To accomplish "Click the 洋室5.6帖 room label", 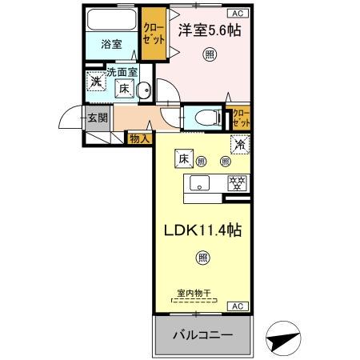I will pyautogui.click(x=208, y=30).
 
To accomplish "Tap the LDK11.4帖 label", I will pyautogui.click(x=204, y=228).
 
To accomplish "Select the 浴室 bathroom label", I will pyautogui.click(x=111, y=45).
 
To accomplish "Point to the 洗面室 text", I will pyautogui.click(x=124, y=73).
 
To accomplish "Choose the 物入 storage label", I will pyautogui.click(x=138, y=138).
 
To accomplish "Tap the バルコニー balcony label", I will pyautogui.click(x=204, y=334).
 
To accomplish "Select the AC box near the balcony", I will pyautogui.click(x=238, y=306).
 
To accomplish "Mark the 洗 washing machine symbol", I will pyautogui.click(x=96, y=81).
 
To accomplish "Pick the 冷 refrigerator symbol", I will pyautogui.click(x=238, y=146).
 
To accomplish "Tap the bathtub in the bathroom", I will pyautogui.click(x=111, y=21).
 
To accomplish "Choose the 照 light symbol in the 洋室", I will pyautogui.click(x=209, y=54).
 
